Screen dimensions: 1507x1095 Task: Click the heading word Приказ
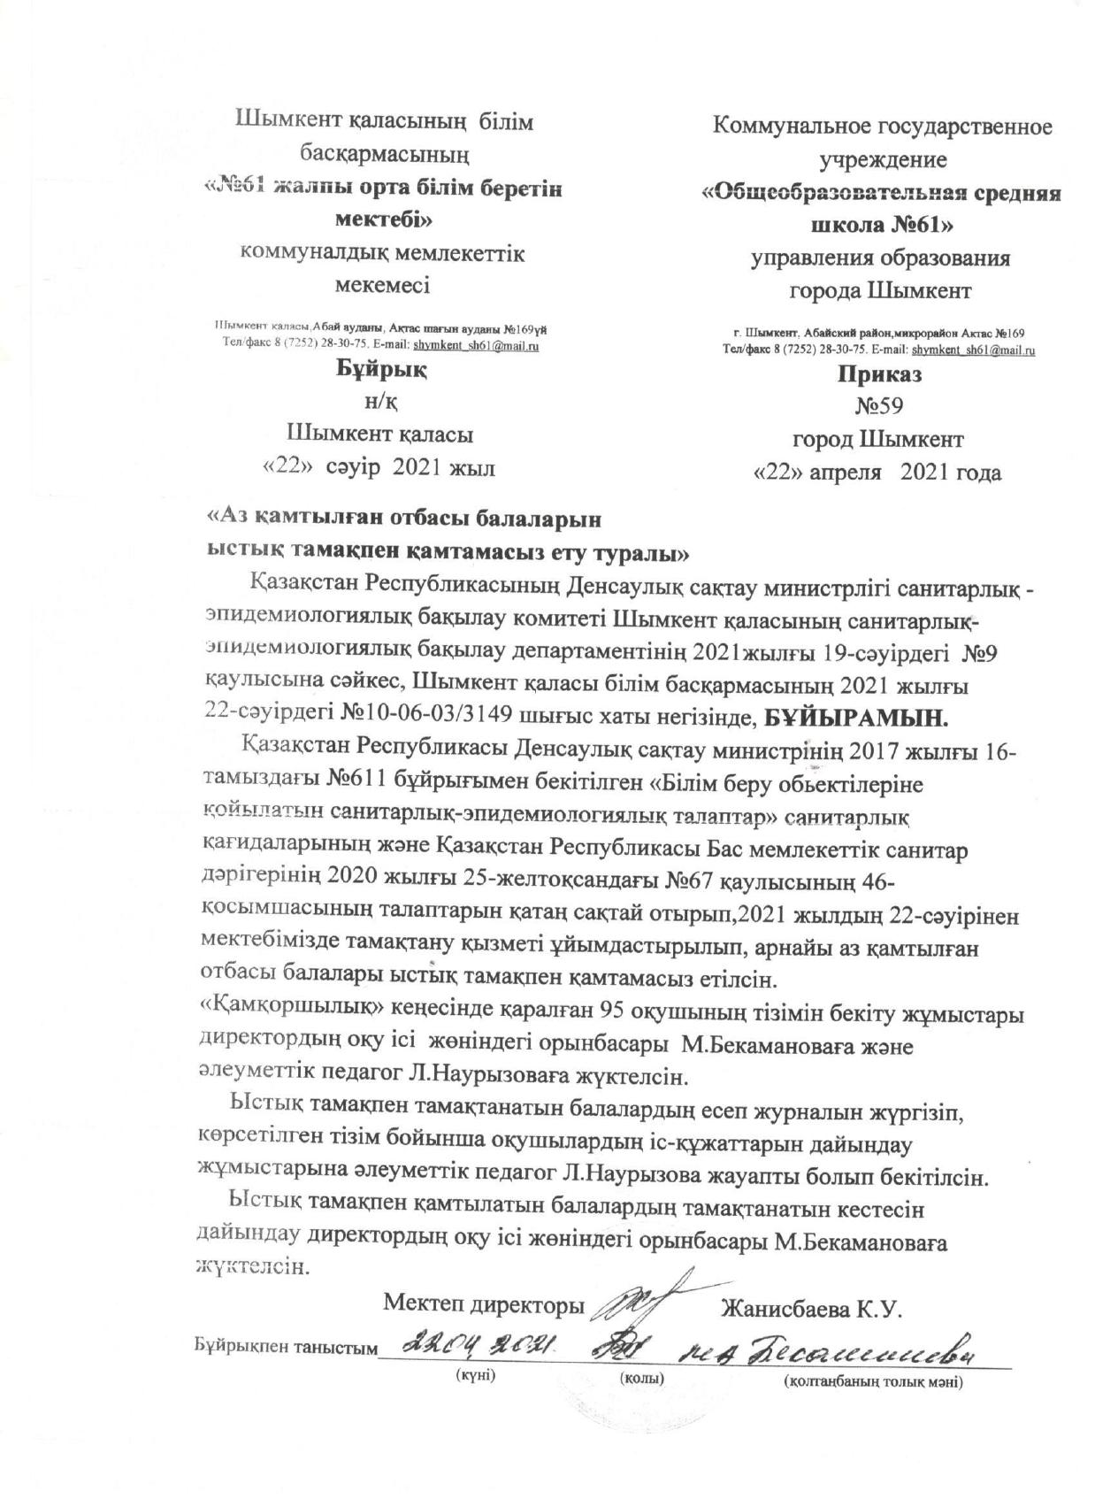click(878, 374)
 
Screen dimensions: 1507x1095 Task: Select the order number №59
click(878, 406)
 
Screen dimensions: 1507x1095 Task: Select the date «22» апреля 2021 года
click(877, 472)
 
